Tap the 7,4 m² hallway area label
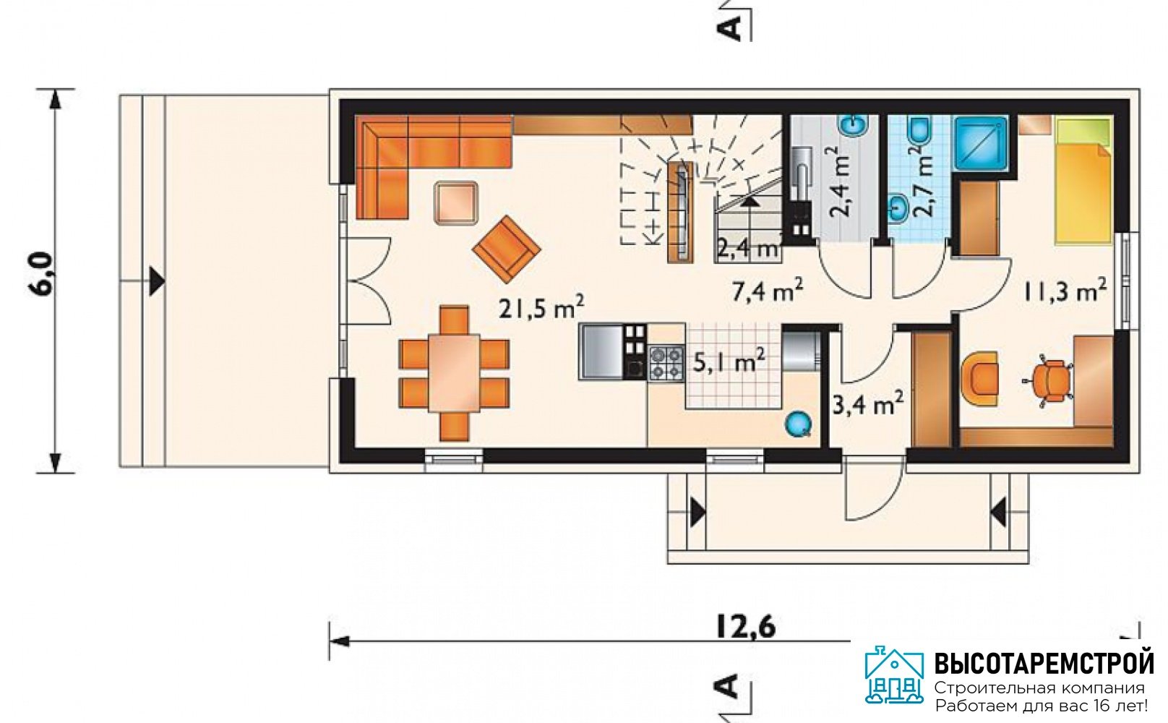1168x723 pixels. tap(768, 291)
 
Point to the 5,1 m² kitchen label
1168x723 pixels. tap(729, 360)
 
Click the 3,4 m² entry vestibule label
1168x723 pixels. tap(867, 403)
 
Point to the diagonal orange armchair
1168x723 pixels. tap(507, 247)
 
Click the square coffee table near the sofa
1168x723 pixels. tap(456, 203)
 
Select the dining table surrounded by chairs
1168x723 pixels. tap(454, 374)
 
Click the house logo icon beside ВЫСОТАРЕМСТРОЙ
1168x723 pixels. tap(894, 675)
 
